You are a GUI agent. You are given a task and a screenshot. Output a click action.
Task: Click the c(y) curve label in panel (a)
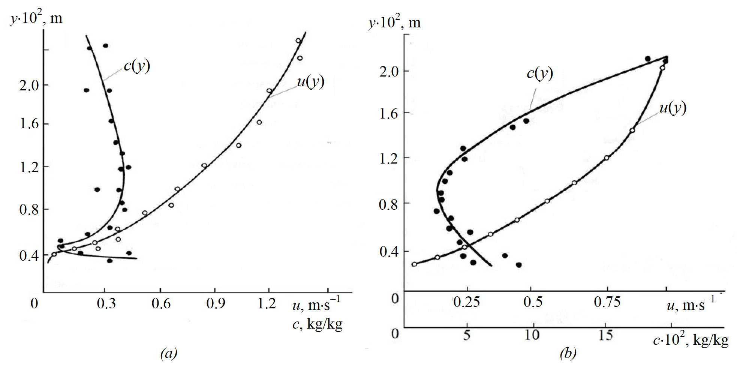(x=137, y=66)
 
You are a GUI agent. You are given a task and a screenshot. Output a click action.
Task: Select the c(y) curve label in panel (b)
(x=539, y=73)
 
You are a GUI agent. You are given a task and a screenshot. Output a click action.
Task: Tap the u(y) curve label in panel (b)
(x=673, y=108)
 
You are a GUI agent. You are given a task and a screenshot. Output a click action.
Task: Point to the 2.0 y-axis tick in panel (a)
(x=29, y=85)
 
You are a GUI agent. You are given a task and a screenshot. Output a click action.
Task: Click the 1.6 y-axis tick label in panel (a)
(x=29, y=124)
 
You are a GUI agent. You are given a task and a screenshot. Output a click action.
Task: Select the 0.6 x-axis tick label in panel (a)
(x=161, y=303)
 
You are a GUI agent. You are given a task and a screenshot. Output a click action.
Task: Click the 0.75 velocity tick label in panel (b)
(x=607, y=302)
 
